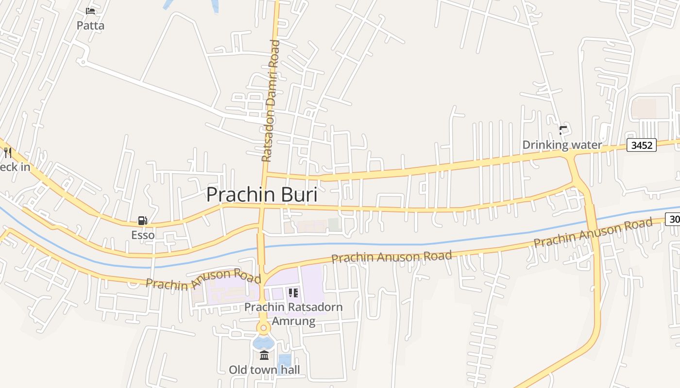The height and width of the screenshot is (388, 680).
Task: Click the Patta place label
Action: tap(90, 25)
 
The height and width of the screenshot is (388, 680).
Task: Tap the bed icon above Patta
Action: tap(90, 11)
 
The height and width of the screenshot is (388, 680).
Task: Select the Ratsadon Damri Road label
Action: tap(271, 101)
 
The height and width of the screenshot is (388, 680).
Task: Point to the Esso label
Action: tap(143, 235)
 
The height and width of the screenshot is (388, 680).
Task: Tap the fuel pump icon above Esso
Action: tap(143, 221)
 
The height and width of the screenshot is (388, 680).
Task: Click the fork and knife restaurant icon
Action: tap(8, 153)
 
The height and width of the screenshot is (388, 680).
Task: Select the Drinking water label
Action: tap(562, 145)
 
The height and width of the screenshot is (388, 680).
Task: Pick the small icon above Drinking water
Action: tap(563, 130)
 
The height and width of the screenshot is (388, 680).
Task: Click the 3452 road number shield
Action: tap(642, 145)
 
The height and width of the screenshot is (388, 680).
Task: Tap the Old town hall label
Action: tap(264, 370)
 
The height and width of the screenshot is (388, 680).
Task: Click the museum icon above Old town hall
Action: tap(264, 356)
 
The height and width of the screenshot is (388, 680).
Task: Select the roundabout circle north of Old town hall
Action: tap(264, 328)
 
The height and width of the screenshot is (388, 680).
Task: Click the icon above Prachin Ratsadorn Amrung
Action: tap(293, 292)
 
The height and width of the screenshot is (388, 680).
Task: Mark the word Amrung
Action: tap(293, 321)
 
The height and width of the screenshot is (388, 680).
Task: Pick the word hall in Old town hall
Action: tap(290, 370)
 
